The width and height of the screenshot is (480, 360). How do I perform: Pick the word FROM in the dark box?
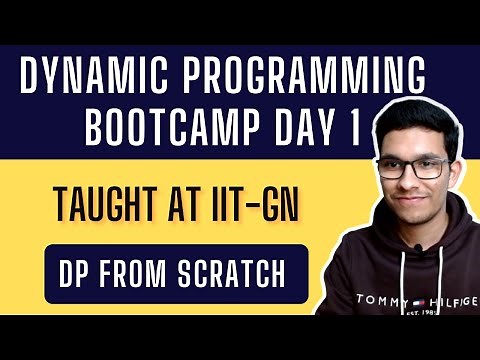(139, 271)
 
